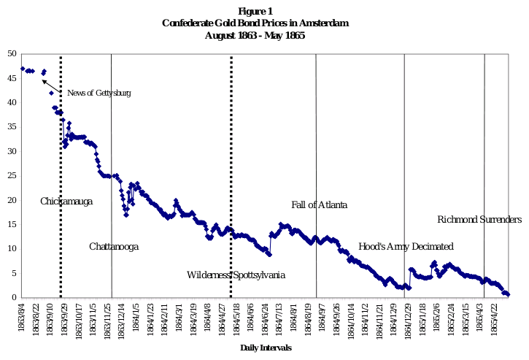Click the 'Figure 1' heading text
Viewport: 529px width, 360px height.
click(x=255, y=11)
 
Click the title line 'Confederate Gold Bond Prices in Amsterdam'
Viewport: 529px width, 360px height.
click(x=255, y=23)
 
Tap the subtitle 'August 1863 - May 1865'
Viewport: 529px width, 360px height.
click(x=255, y=35)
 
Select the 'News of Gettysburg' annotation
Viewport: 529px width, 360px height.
click(x=99, y=93)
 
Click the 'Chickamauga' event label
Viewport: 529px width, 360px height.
click(x=66, y=201)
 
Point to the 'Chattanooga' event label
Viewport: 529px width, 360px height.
click(x=114, y=247)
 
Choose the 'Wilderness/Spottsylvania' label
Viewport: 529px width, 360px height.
click(x=236, y=275)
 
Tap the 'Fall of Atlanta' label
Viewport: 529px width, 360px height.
click(x=319, y=204)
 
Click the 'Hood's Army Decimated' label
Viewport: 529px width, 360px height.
click(x=406, y=247)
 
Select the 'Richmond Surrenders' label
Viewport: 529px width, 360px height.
click(x=479, y=219)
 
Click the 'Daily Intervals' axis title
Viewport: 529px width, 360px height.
click(x=266, y=348)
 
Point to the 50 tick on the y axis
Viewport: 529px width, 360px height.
click(x=12, y=53)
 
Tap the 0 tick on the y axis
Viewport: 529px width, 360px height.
click(x=15, y=297)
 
